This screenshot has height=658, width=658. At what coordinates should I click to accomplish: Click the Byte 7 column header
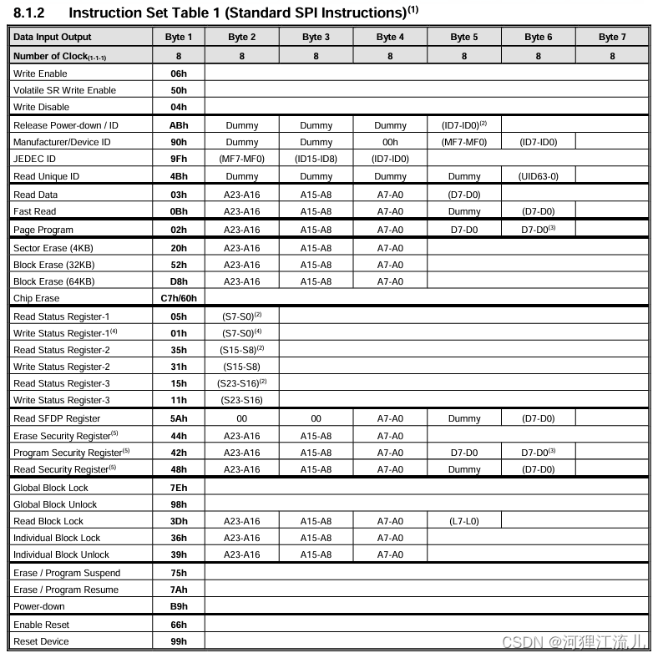click(x=612, y=37)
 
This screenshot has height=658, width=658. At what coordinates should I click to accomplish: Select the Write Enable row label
click(x=40, y=73)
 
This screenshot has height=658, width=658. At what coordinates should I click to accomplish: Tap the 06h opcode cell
click(x=179, y=73)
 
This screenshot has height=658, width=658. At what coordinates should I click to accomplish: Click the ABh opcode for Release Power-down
click(x=179, y=125)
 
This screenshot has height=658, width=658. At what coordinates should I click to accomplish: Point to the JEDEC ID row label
click(x=35, y=159)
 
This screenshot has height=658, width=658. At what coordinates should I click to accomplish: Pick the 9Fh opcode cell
click(x=179, y=159)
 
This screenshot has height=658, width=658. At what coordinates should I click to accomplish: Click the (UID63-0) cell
click(x=538, y=176)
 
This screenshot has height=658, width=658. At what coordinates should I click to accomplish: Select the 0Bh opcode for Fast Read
click(x=179, y=211)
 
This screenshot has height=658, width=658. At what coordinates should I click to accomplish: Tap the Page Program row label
click(x=43, y=230)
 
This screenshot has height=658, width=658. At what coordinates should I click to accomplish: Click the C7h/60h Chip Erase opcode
click(x=179, y=298)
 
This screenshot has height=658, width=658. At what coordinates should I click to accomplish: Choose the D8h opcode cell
click(x=179, y=281)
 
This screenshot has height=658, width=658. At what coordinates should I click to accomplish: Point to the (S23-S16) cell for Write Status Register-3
click(x=242, y=400)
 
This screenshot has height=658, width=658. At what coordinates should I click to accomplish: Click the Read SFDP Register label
click(x=57, y=418)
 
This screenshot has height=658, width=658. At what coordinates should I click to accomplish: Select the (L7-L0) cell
click(x=463, y=521)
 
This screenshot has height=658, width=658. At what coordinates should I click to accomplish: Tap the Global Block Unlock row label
click(x=55, y=504)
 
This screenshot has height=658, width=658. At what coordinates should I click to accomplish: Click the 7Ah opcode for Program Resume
click(x=179, y=590)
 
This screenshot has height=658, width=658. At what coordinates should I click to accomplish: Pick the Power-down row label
click(x=38, y=606)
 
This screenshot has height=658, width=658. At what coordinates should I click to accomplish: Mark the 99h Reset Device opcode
click(x=179, y=641)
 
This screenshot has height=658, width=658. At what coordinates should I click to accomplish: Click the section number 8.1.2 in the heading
click(x=29, y=13)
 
